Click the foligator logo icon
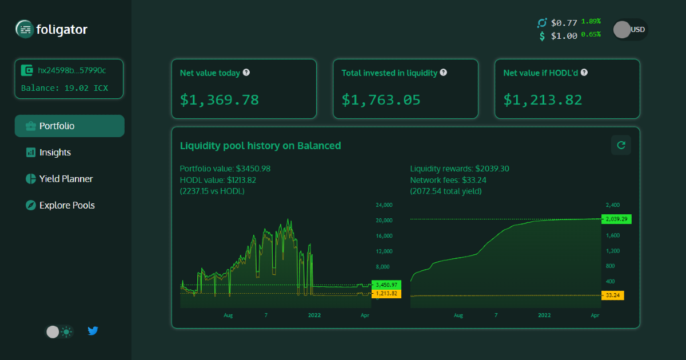click(25, 29)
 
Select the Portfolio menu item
click(69, 126)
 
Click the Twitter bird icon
click(93, 331)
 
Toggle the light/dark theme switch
click(59, 331)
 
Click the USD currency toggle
click(630, 30)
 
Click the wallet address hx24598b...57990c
click(71, 70)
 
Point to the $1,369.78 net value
click(220, 100)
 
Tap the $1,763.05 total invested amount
click(381, 100)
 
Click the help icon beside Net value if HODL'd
click(584, 73)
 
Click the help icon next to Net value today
click(246, 73)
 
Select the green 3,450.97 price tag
click(386, 285)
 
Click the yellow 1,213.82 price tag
click(386, 294)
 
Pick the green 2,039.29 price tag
click(616, 219)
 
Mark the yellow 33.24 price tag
click(613, 295)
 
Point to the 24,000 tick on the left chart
click(384, 205)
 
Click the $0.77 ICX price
click(564, 23)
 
